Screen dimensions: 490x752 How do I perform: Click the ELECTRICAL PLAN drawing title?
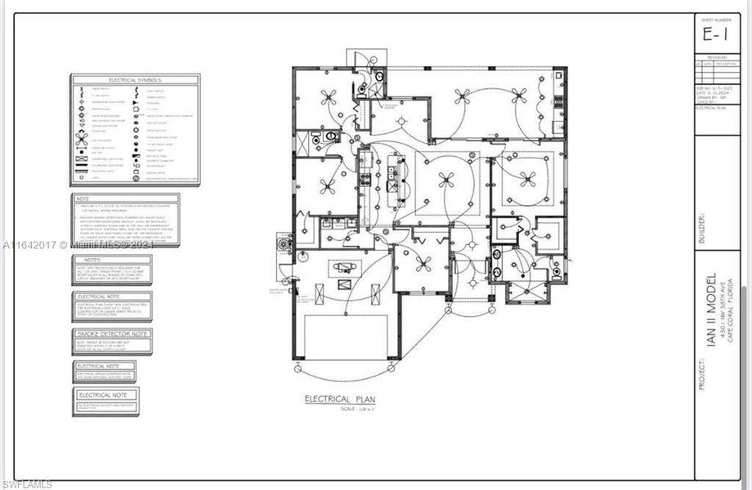[339, 399]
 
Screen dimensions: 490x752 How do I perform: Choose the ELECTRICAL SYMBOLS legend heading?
[135, 80]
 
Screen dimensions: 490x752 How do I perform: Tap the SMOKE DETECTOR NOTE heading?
[112, 334]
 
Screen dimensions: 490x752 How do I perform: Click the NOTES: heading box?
[110, 261]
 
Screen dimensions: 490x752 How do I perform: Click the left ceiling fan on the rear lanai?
[463, 96]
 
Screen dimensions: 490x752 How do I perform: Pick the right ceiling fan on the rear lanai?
[526, 96]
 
